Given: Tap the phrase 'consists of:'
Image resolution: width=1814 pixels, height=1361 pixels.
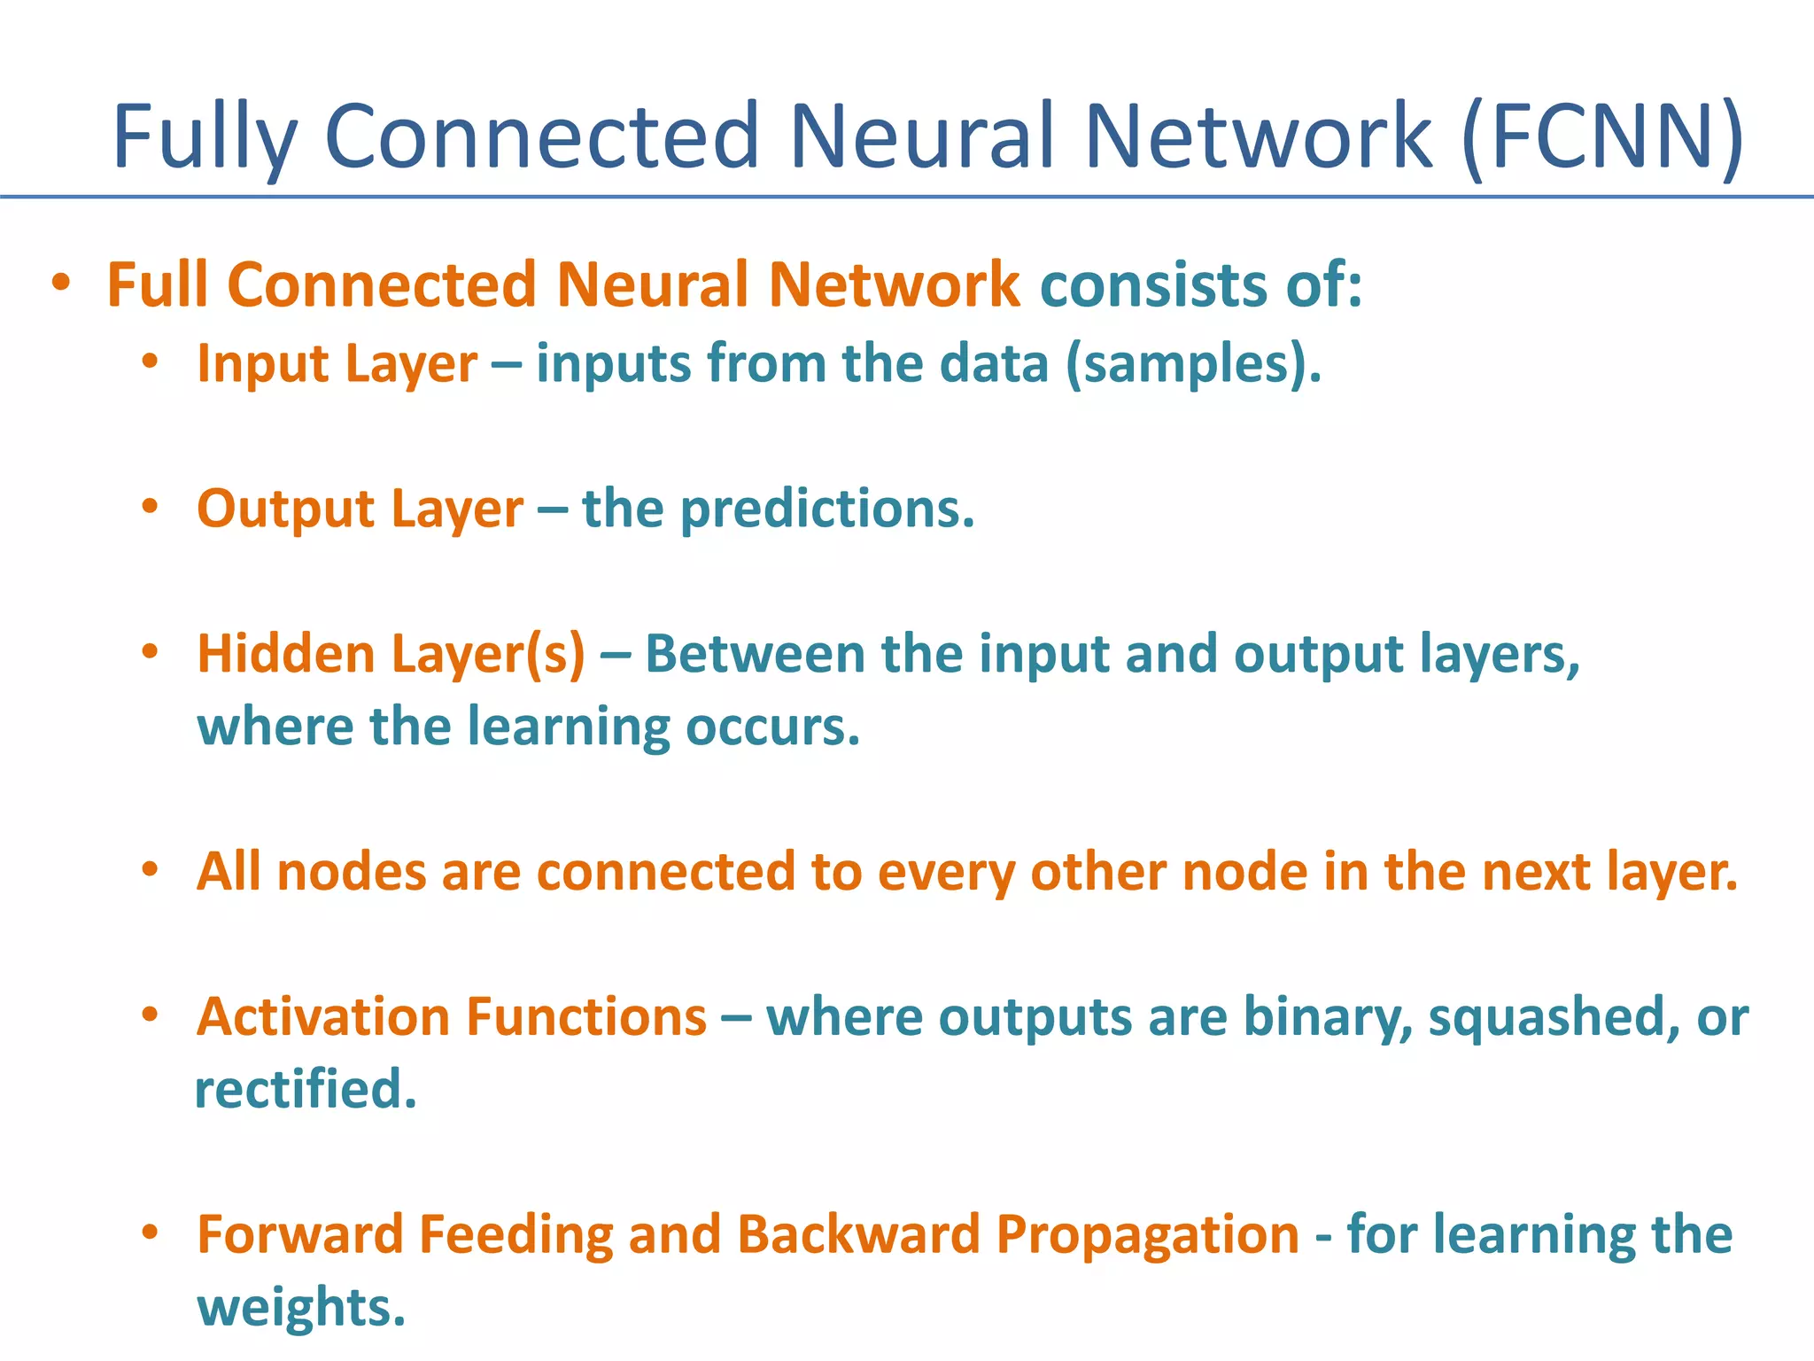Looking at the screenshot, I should (x=1200, y=285).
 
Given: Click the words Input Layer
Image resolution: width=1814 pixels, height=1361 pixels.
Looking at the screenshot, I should (x=337, y=364).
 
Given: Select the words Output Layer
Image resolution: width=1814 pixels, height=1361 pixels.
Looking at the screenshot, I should (x=360, y=509).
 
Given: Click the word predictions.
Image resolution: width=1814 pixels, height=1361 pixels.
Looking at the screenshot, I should (x=827, y=509).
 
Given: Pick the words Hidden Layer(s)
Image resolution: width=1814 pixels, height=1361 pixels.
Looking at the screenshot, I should (x=391, y=655).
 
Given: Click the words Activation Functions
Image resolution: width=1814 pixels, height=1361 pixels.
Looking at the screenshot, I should (x=452, y=1017).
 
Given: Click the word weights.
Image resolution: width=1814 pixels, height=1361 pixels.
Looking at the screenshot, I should (x=300, y=1308).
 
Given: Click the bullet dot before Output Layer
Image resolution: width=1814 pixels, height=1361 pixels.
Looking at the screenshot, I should (x=151, y=507).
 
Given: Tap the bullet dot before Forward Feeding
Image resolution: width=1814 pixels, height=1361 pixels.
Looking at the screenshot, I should (x=151, y=1233).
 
